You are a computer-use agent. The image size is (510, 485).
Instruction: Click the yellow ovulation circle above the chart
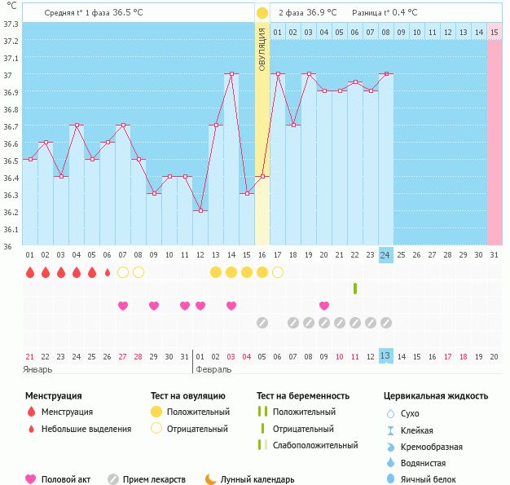tap(262, 13)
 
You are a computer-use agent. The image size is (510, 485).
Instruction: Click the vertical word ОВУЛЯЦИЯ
tap(262, 49)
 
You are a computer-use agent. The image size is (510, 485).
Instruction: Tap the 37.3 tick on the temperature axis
tap(11, 24)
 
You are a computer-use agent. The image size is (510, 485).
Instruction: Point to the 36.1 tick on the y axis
tap(11, 229)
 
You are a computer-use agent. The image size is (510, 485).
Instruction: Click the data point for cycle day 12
tap(200, 210)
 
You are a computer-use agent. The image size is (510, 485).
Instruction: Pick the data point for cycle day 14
tap(231, 74)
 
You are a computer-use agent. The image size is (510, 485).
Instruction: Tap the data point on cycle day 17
tap(277, 74)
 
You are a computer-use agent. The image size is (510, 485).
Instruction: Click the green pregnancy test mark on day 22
tap(354, 288)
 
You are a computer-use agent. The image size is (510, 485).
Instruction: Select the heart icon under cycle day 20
tap(324, 306)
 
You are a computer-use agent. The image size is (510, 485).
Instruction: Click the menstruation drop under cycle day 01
tap(30, 272)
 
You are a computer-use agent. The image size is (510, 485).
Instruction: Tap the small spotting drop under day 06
tap(108, 272)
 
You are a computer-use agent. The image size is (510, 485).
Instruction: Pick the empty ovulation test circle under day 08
tap(138, 272)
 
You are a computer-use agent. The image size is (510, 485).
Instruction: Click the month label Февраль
tap(213, 369)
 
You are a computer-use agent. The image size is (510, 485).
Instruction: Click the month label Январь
tap(38, 369)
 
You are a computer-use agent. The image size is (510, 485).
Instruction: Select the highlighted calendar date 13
tap(385, 356)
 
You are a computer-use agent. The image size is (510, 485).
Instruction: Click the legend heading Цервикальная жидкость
tap(436, 396)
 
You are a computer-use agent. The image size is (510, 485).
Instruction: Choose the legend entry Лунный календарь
tap(257, 479)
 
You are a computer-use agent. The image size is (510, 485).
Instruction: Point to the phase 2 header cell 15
tap(495, 33)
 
